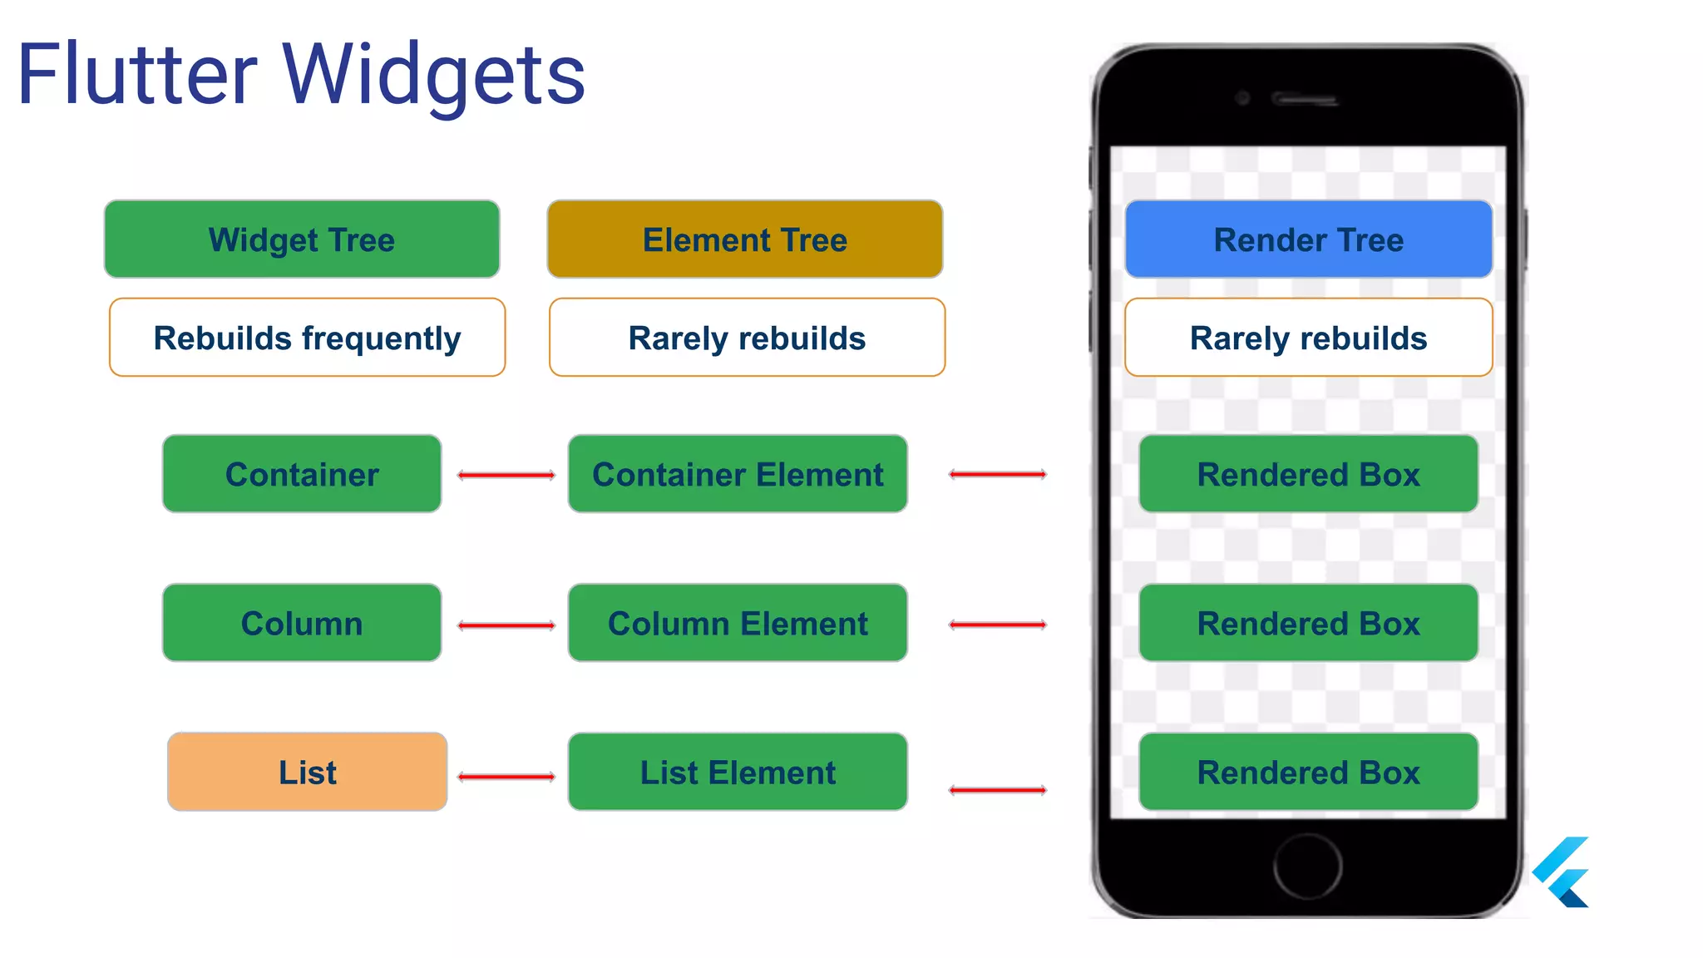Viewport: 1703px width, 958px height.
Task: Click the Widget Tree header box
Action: pyautogui.click(x=302, y=239)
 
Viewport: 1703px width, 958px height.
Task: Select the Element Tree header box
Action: pyautogui.click(x=744, y=239)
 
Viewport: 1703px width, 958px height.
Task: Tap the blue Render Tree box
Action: pyautogui.click(x=1308, y=239)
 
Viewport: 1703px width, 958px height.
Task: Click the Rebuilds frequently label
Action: pyautogui.click(x=307, y=338)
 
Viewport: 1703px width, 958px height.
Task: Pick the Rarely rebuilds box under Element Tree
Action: pyautogui.click(x=747, y=338)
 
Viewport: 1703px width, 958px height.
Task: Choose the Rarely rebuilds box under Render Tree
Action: pyautogui.click(x=1308, y=338)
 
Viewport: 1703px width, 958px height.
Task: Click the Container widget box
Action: pyautogui.click(x=302, y=474)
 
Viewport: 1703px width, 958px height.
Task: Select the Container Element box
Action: pyautogui.click(x=738, y=474)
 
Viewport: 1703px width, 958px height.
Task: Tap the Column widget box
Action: pyautogui.click(x=302, y=623)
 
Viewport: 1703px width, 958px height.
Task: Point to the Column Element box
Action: pyautogui.click(x=738, y=623)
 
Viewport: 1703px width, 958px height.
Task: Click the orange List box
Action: pyautogui.click(x=307, y=772)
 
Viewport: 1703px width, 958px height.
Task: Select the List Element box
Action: pyautogui.click(x=738, y=772)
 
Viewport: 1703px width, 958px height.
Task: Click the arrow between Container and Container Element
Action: pyautogui.click(x=506, y=475)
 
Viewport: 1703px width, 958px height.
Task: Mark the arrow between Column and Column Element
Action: pyautogui.click(x=506, y=625)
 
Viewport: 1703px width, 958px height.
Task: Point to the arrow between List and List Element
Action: pyautogui.click(x=506, y=777)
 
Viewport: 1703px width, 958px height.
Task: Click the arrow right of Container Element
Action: pyautogui.click(x=997, y=474)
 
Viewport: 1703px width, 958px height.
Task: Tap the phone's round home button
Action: pyautogui.click(x=1307, y=866)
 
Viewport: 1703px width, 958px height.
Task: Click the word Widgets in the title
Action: pyautogui.click(x=434, y=77)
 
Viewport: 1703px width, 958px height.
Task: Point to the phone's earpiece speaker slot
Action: pyautogui.click(x=1304, y=100)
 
